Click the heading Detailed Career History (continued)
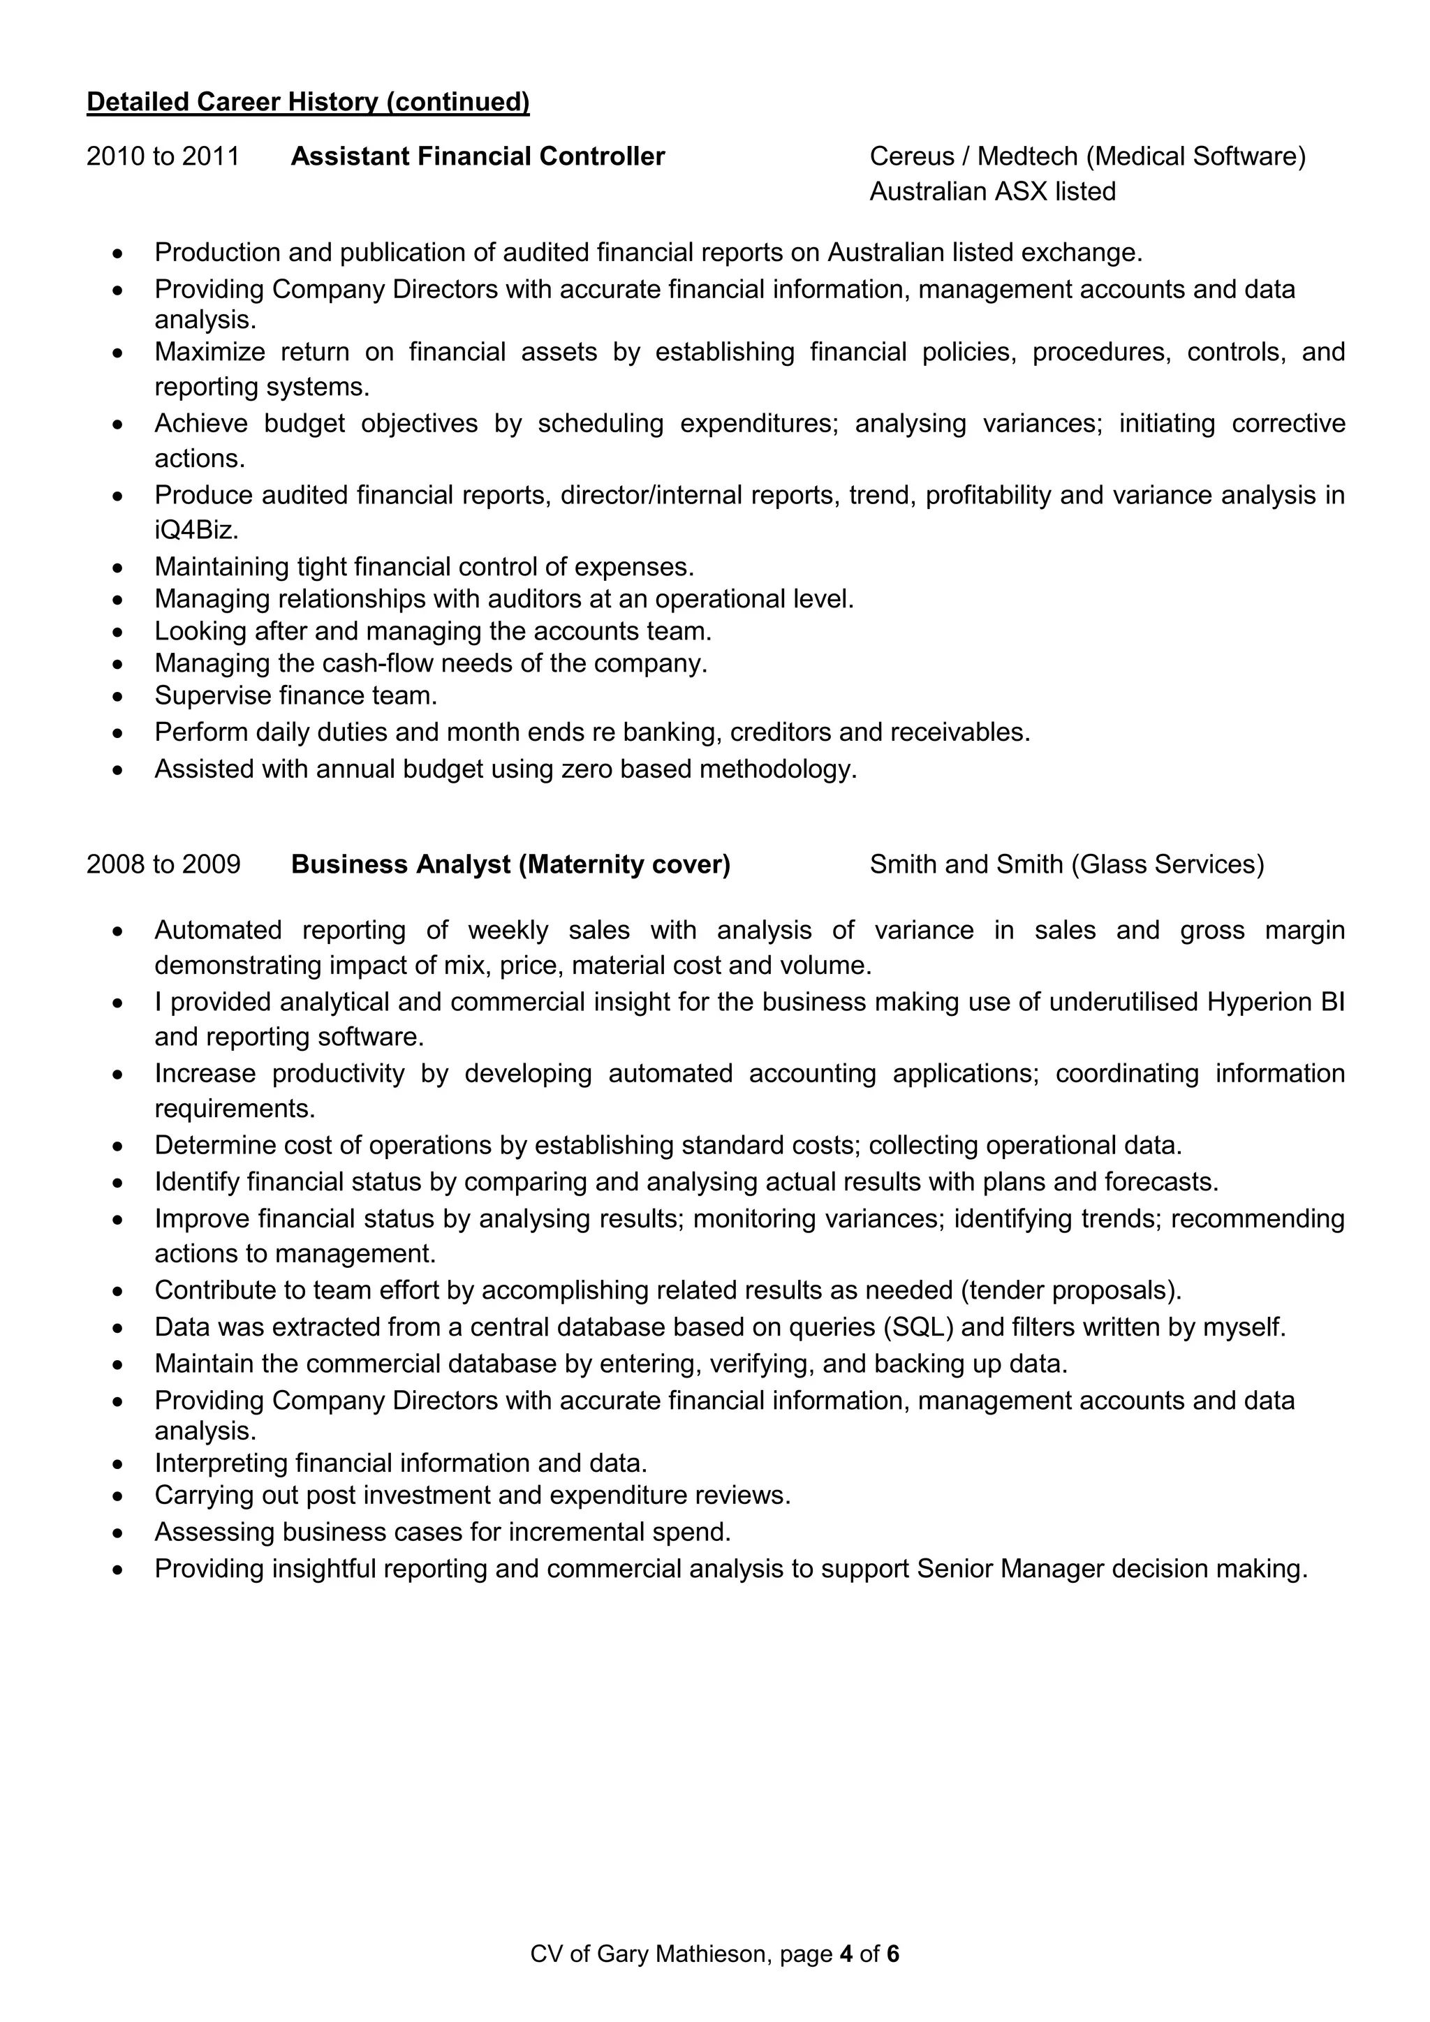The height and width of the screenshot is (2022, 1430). pyautogui.click(x=308, y=102)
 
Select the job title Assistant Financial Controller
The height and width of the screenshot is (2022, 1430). pyautogui.click(x=478, y=157)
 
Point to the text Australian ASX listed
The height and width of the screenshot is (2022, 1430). pyautogui.click(x=992, y=192)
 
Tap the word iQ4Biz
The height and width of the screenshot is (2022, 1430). pyautogui.click(x=196, y=530)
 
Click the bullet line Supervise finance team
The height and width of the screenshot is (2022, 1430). pyautogui.click(x=296, y=695)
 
